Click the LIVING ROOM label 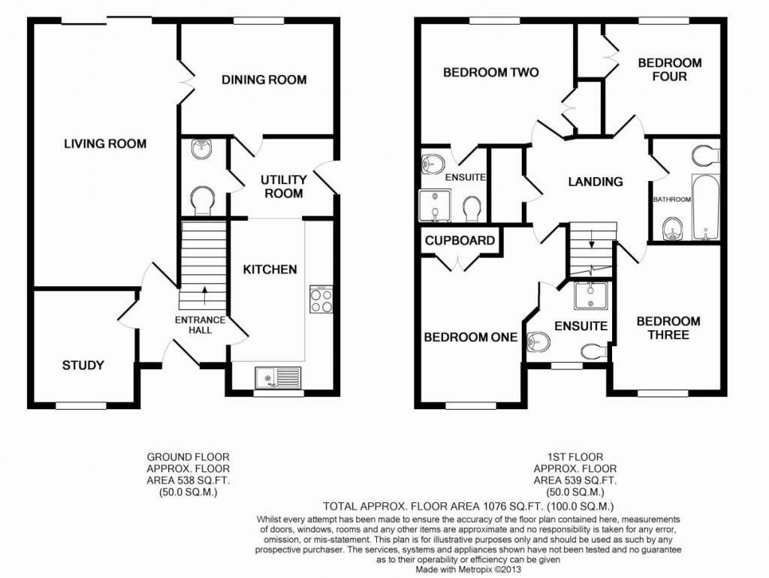coord(104,143)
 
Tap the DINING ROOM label coord(264,80)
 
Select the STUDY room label coord(83,366)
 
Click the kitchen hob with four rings coord(321,300)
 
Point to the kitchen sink coord(278,376)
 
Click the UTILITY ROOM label coord(283,186)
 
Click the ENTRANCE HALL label coord(200,324)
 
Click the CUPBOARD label coord(460,240)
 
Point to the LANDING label coord(595,182)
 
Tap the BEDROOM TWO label coord(490,73)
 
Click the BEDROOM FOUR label coord(669,69)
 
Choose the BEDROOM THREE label coord(668,327)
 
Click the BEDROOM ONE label coord(471,337)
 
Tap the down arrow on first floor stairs coord(591,242)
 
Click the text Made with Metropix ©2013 coord(469,569)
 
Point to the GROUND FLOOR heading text coord(188,456)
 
